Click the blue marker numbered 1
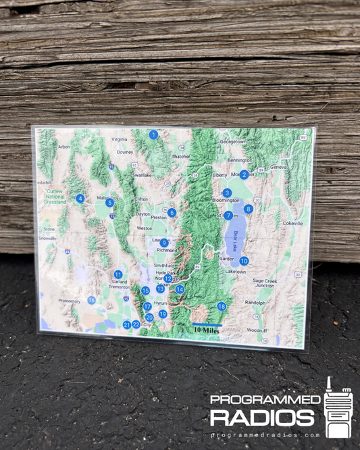tap(153, 134)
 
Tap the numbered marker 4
tap(80, 198)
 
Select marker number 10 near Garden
tap(244, 261)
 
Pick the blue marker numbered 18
tap(222, 306)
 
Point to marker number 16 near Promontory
tap(92, 300)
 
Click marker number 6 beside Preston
tap(172, 212)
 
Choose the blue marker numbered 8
tap(249, 209)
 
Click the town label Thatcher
tap(181, 156)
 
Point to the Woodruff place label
tap(257, 330)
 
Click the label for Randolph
tap(255, 302)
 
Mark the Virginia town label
tap(119, 139)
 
